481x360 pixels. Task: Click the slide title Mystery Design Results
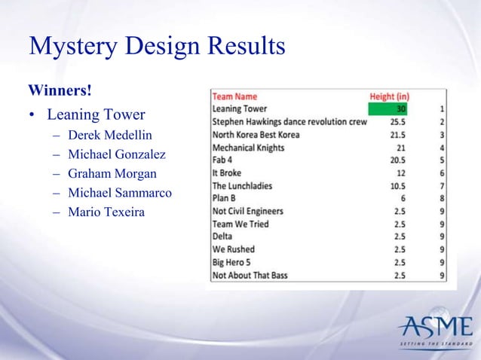click(x=157, y=47)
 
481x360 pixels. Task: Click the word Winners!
click(x=60, y=91)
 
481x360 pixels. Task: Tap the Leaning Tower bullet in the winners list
click(x=96, y=116)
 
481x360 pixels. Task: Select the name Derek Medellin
click(x=110, y=138)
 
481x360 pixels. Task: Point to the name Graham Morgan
click(x=113, y=175)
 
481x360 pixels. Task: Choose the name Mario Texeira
click(x=108, y=211)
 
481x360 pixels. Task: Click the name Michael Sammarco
click(x=120, y=193)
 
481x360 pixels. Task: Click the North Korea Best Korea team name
click(x=256, y=134)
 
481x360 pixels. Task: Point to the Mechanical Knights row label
click(x=248, y=148)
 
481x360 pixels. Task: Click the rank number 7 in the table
click(x=440, y=186)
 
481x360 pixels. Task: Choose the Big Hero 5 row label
click(x=232, y=263)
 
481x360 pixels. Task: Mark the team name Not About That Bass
click(x=250, y=276)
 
